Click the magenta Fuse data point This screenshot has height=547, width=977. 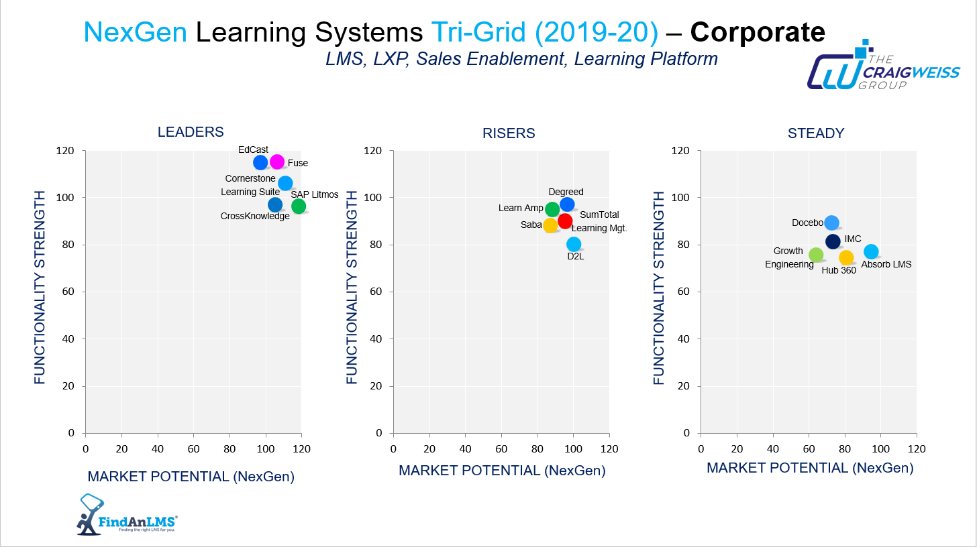coord(277,162)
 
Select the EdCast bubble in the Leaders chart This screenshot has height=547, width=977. coord(260,162)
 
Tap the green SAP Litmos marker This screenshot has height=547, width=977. coord(299,206)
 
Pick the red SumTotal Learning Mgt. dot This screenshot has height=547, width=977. coord(565,221)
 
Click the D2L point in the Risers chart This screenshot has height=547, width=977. coord(574,244)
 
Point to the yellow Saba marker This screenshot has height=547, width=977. coord(550,225)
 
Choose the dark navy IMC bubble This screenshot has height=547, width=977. coord(833,241)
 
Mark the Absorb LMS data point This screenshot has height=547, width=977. coord(871,251)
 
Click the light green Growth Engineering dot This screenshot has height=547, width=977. coord(816,255)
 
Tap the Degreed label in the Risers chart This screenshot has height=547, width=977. coord(566,192)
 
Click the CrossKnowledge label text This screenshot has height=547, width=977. coord(255,216)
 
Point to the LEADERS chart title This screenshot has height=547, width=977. coord(191,132)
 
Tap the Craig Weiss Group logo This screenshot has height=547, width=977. coord(883,67)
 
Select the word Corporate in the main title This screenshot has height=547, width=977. coord(758,32)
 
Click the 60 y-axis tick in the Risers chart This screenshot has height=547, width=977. coord(377,292)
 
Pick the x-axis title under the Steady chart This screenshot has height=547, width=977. coord(810,468)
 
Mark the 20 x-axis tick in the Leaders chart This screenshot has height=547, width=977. coord(121,448)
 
